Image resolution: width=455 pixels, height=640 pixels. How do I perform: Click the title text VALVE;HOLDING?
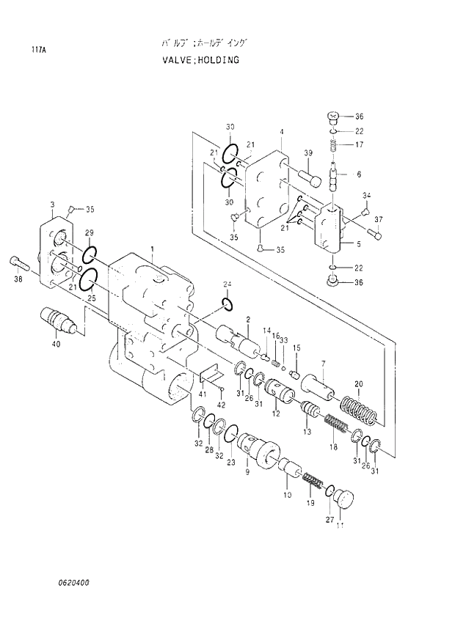(200, 59)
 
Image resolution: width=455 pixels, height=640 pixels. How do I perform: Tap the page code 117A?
(37, 51)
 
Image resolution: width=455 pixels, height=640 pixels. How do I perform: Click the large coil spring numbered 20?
(360, 411)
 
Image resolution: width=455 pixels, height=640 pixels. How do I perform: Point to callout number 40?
(56, 345)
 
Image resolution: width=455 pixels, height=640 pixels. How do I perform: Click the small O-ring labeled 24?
(227, 304)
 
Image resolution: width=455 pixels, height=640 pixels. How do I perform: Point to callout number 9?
(247, 473)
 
